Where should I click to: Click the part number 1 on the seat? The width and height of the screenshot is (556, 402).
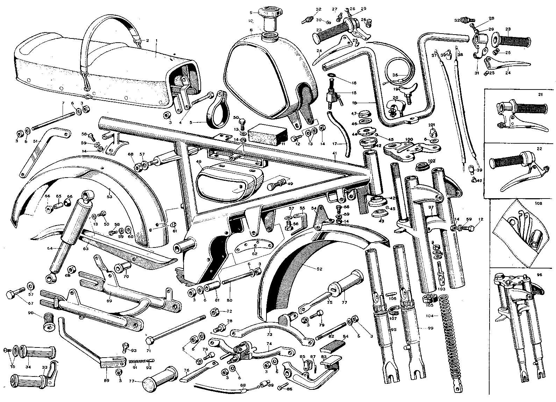pos(156,41)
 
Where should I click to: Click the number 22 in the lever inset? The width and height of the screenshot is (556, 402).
pos(539,149)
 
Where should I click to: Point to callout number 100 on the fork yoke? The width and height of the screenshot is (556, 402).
pos(408,139)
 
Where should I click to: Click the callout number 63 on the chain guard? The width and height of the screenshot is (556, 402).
pos(86,249)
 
